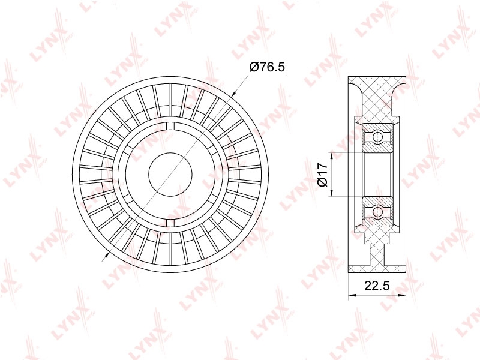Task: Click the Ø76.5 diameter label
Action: pos(267,67)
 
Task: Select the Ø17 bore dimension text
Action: pos(323,175)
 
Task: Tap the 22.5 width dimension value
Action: pos(377,286)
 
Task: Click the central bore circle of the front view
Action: pos(170,174)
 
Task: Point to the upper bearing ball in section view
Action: pos(377,136)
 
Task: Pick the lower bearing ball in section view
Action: pos(377,212)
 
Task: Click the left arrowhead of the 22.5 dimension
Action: pos(352,295)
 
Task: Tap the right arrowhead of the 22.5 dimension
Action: pos(402,295)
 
